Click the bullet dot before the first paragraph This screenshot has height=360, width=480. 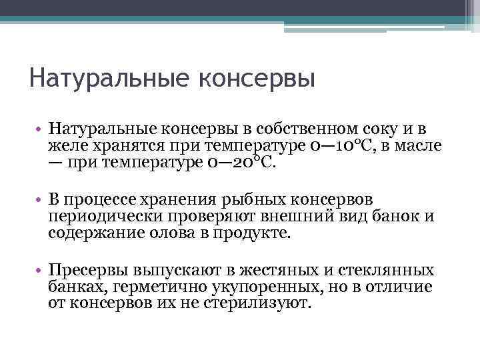(x=40, y=129)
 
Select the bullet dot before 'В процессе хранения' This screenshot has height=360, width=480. (x=40, y=200)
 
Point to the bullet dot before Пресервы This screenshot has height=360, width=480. (x=40, y=271)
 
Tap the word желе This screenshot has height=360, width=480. (x=63, y=145)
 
